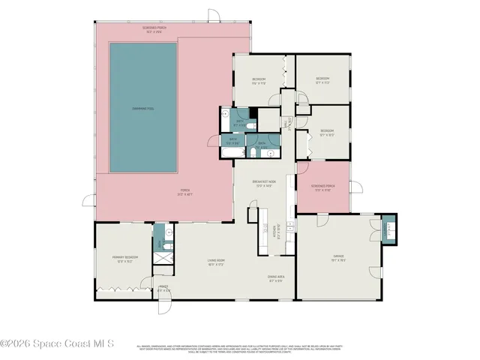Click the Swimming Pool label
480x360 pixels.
pos(143,109)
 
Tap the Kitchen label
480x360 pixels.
pos(278,230)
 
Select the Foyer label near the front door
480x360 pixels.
pos(163,289)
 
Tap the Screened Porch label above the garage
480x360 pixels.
pos(324,187)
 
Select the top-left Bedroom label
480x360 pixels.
pos(259,80)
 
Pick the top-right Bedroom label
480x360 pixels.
pos(322,79)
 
